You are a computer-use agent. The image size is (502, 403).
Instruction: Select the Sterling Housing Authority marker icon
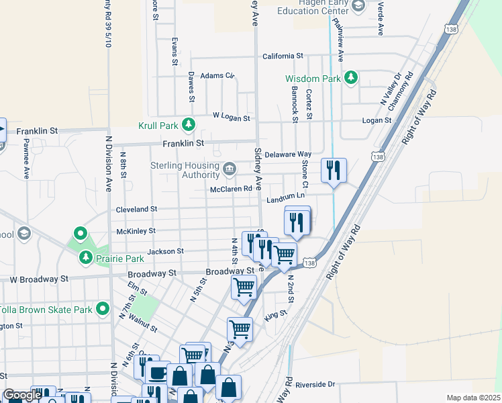coord(230,168)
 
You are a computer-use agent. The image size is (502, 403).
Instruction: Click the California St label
coord(283,56)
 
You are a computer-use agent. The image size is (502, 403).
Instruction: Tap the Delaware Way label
coord(288,154)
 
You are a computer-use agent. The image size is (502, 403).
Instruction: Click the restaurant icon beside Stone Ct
coord(334,170)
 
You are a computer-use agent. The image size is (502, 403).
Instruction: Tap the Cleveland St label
coord(136,210)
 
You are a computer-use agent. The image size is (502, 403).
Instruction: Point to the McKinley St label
coord(136,230)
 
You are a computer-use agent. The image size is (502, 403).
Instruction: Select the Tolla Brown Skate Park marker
coord(103,309)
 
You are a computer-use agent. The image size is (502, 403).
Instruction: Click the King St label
coord(276,314)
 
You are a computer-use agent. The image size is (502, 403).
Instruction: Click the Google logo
coord(21,396)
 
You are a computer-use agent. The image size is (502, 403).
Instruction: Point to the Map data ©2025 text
coord(473,398)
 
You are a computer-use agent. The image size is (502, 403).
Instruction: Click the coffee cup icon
coord(158,373)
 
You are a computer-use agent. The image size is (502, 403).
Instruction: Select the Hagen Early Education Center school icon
coord(358,6)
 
